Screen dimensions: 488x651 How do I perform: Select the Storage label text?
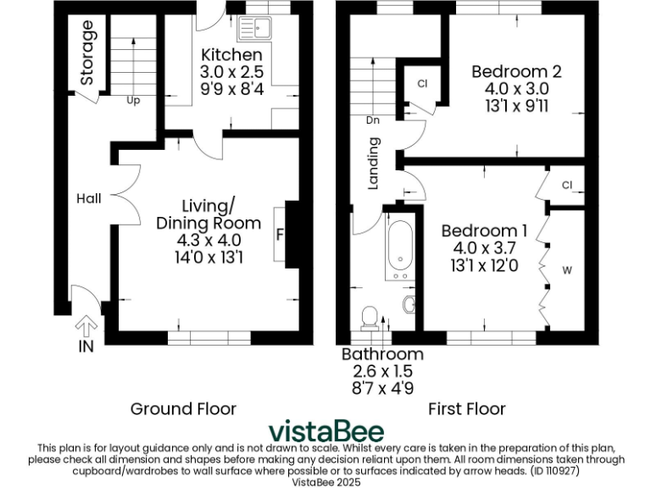pyautogui.click(x=87, y=53)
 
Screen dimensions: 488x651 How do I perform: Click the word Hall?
pyautogui.click(x=88, y=198)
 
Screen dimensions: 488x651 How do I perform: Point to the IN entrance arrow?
pyautogui.click(x=86, y=330)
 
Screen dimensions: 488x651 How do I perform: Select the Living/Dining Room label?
pyautogui.click(x=208, y=214)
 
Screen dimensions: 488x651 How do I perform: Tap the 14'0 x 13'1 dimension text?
pyautogui.click(x=208, y=257)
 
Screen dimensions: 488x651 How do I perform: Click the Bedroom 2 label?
pyautogui.click(x=516, y=72)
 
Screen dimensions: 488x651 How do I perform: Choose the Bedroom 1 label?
pyautogui.click(x=485, y=230)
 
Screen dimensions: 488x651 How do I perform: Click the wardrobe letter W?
pyautogui.click(x=567, y=271)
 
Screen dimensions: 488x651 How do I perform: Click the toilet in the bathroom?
pyautogui.click(x=370, y=317)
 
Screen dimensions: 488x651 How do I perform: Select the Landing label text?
pyautogui.click(x=372, y=170)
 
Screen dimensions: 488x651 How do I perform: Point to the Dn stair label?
pyautogui.click(x=372, y=120)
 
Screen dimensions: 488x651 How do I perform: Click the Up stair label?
pyautogui.click(x=133, y=100)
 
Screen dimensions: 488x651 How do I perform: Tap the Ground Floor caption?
pyautogui.click(x=182, y=409)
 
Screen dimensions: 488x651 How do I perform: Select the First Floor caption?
pyautogui.click(x=466, y=409)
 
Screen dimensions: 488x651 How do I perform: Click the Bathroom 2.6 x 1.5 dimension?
pyautogui.click(x=381, y=370)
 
